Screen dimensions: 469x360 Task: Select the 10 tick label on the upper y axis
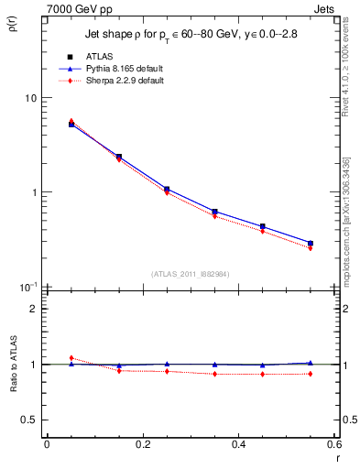tap(29, 98)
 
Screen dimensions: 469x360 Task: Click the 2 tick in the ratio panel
tap(32, 309)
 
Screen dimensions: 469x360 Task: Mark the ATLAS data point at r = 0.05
tap(71, 124)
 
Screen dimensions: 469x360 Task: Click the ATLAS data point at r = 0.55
tap(311, 244)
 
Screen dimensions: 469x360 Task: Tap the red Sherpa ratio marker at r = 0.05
tap(71, 358)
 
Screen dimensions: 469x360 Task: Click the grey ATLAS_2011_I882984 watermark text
tap(189, 274)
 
